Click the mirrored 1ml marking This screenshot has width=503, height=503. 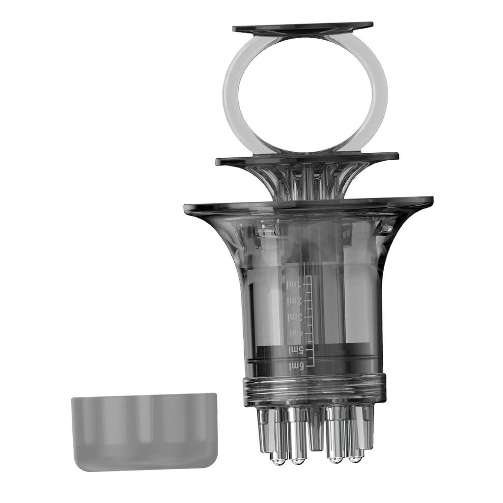pyautogui.click(x=295, y=284)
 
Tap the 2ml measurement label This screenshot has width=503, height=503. pyautogui.click(x=295, y=301)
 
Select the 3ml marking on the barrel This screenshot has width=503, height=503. pyautogui.click(x=295, y=317)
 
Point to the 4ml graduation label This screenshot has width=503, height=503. pyautogui.click(x=296, y=334)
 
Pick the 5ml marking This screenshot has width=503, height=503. pyautogui.click(x=296, y=349)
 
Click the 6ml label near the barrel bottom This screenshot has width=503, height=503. pyautogui.click(x=296, y=365)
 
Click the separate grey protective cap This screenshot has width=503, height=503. pyautogui.click(x=144, y=432)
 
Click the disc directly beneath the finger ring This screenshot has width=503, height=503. pyautogui.click(x=307, y=160)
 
